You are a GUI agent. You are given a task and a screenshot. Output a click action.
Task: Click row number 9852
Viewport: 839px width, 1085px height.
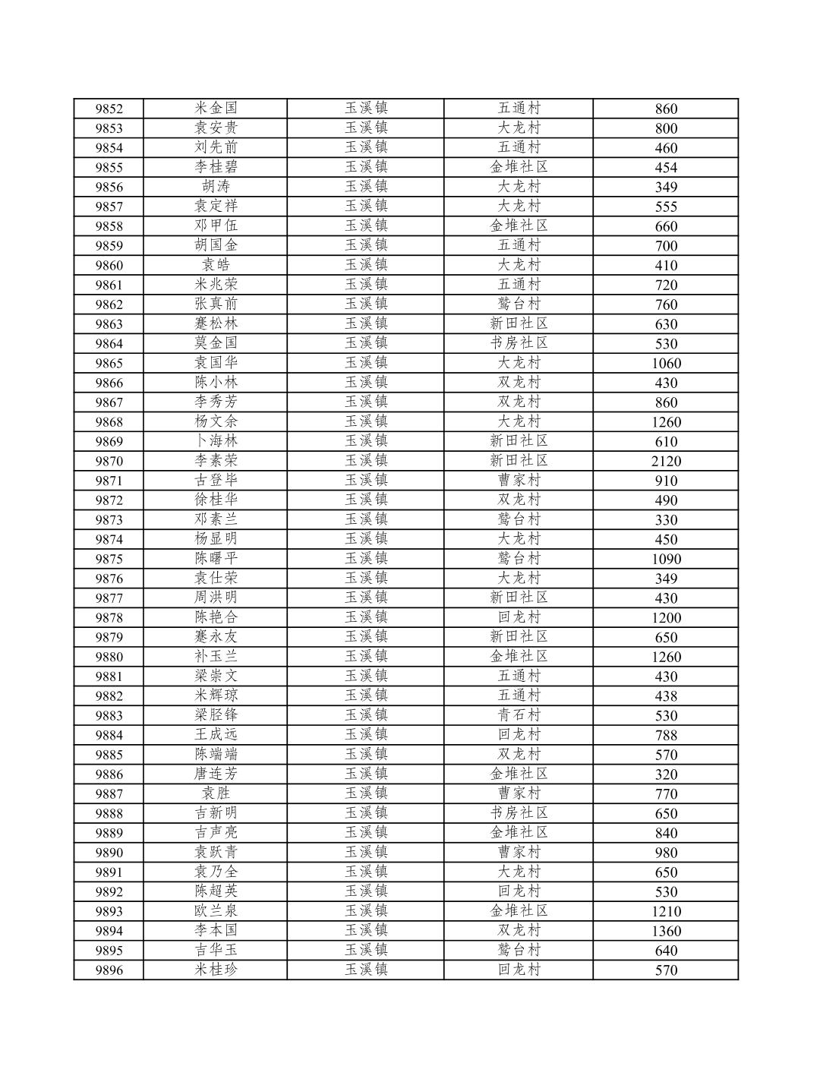click(x=109, y=109)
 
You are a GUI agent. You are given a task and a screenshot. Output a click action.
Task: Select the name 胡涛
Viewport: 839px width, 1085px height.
click(x=216, y=187)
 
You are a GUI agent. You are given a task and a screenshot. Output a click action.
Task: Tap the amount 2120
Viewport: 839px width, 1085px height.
click(x=666, y=461)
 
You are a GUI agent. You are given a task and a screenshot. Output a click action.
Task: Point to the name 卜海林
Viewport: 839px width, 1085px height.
click(x=216, y=441)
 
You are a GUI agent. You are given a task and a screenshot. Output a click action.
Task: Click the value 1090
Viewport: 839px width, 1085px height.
click(x=666, y=559)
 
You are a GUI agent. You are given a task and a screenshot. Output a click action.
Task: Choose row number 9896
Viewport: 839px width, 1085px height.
click(x=109, y=970)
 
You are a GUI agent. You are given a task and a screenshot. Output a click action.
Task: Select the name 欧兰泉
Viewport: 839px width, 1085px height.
click(x=216, y=911)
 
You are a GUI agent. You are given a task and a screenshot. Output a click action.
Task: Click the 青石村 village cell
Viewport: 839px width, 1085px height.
click(x=519, y=715)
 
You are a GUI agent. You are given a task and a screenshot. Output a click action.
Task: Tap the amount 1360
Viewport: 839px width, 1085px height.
click(x=666, y=931)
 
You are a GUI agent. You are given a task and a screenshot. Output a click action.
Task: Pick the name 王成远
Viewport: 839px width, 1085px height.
click(x=216, y=735)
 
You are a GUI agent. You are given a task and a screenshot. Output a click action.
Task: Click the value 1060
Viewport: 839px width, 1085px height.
click(x=666, y=363)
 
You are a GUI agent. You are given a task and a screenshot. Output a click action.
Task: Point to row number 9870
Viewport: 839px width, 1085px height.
click(x=109, y=461)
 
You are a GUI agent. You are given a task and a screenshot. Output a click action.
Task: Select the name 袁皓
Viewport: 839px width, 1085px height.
click(x=216, y=265)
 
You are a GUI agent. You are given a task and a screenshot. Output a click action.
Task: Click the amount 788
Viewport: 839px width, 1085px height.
click(x=666, y=735)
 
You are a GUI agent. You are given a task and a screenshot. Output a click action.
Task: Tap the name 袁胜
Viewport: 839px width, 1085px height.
click(x=216, y=793)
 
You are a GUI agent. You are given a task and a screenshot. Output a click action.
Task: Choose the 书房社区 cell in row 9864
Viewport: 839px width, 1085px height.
click(x=519, y=343)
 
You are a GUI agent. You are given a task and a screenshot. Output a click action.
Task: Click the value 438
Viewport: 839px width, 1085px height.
click(x=666, y=695)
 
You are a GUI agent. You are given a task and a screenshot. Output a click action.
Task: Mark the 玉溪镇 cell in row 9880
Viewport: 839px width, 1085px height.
click(x=366, y=657)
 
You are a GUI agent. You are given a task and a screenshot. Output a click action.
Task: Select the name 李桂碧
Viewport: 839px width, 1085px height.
click(x=216, y=167)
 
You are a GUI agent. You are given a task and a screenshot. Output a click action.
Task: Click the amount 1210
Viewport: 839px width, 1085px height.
click(x=666, y=911)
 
